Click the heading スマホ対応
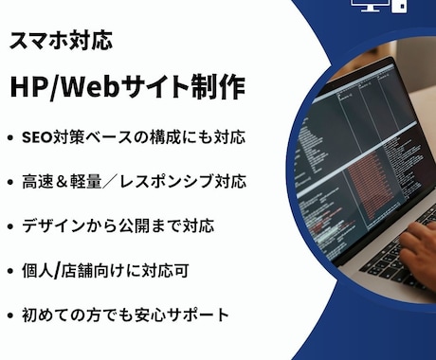(61, 40)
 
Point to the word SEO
(37, 137)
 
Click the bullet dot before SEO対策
(10, 137)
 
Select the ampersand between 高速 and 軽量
(62, 182)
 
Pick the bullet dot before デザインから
(10, 226)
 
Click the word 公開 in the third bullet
(134, 225)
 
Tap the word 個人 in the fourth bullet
(37, 271)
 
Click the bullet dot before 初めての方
(10, 315)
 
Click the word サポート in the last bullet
(198, 315)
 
